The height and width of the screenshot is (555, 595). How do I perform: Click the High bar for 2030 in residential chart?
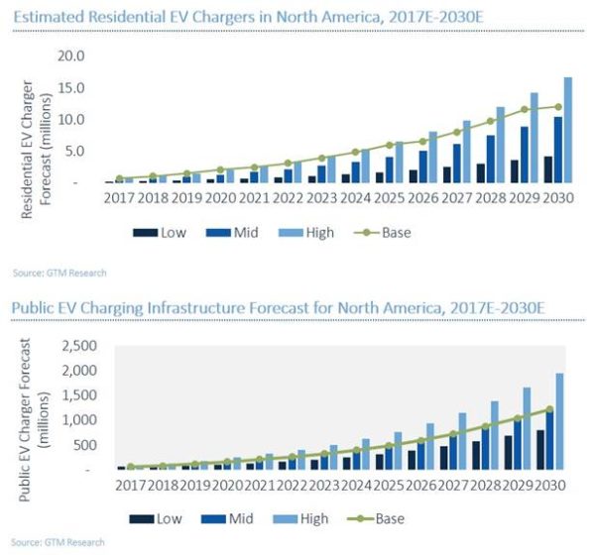tap(567, 130)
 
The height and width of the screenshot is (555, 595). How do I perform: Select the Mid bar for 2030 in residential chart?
tap(559, 150)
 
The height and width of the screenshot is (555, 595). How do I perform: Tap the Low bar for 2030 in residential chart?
tap(548, 169)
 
